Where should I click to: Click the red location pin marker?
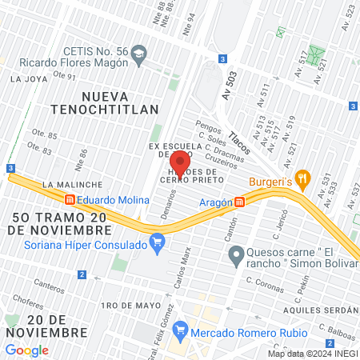179,164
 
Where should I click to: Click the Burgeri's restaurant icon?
302,178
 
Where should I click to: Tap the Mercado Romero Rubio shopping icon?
180,328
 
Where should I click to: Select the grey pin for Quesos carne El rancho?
235,256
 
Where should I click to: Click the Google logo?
26,350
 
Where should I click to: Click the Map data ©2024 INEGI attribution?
312,353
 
